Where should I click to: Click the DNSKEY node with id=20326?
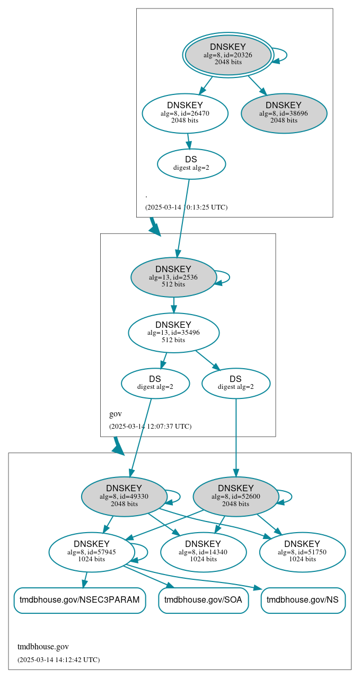click(x=228, y=55)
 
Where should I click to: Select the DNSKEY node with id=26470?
click(x=185, y=113)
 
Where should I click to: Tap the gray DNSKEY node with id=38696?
click(x=284, y=113)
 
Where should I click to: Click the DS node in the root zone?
click(x=191, y=163)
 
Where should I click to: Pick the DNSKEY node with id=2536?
click(x=173, y=277)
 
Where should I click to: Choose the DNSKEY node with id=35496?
click(x=173, y=333)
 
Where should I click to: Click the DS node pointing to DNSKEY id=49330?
click(x=155, y=383)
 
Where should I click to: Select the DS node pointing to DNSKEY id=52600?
click(x=235, y=383)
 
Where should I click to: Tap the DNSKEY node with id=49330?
click(x=124, y=497)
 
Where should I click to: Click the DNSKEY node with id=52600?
click(x=235, y=497)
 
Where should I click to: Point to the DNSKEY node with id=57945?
click(x=91, y=552)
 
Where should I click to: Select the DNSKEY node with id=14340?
click(x=203, y=552)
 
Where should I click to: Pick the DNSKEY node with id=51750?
click(x=302, y=552)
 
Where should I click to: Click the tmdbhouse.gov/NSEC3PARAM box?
click(x=80, y=600)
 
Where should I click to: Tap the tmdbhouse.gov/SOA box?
click(x=203, y=600)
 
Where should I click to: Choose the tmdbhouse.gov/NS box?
click(x=302, y=600)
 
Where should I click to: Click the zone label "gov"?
click(x=115, y=414)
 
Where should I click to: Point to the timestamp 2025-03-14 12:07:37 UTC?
click(x=150, y=426)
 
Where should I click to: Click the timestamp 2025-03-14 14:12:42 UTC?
click(x=58, y=659)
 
